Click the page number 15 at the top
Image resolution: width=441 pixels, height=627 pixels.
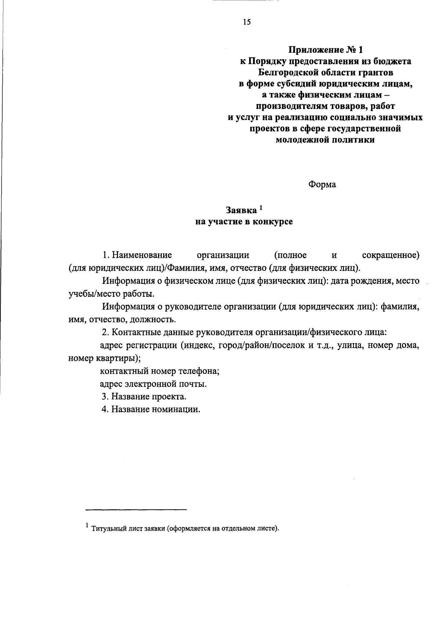click(247, 22)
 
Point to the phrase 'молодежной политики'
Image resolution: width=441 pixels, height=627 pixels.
click(325, 140)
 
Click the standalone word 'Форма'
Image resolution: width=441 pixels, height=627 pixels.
click(322, 185)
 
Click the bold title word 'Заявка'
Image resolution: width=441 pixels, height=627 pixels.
click(241, 211)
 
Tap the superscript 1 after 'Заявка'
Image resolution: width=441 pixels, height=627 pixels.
click(261, 208)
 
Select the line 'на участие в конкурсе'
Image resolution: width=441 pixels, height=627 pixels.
click(244, 222)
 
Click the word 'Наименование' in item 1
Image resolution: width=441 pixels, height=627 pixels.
click(142, 255)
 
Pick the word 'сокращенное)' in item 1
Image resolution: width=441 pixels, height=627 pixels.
click(391, 255)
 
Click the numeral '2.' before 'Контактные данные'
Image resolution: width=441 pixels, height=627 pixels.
click(105, 333)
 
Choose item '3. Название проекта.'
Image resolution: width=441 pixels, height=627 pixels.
click(144, 397)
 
